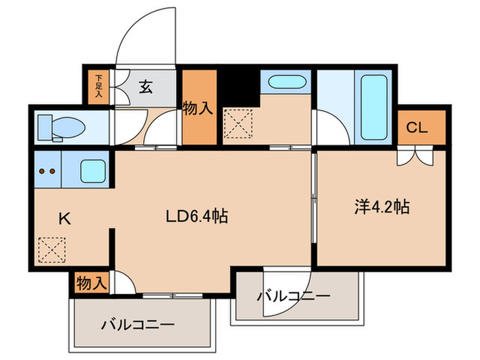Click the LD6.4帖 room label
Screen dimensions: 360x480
[197, 216]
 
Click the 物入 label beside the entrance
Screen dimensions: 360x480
[199, 108]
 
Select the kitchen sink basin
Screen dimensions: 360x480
[93, 170]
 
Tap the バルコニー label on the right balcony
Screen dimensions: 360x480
[294, 296]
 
